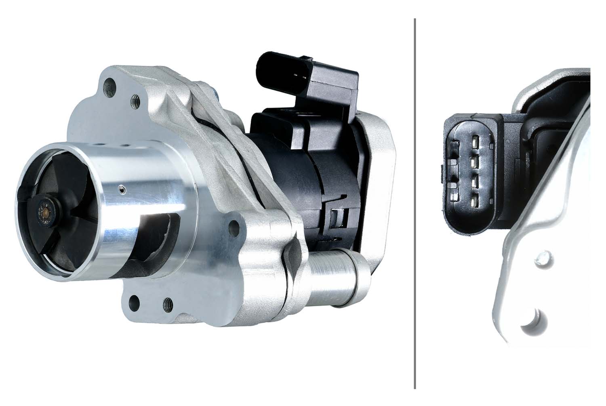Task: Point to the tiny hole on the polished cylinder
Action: tap(122, 188)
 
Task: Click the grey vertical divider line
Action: tap(415, 202)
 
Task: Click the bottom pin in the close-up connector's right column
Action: tap(475, 199)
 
